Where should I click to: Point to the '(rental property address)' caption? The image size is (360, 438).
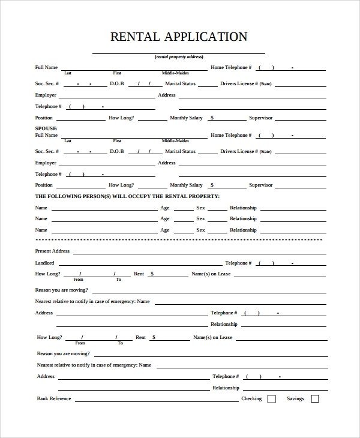(x=179, y=56)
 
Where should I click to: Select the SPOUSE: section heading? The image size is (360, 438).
(x=46, y=128)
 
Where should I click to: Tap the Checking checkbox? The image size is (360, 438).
(x=271, y=399)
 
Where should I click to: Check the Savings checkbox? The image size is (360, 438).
(x=314, y=399)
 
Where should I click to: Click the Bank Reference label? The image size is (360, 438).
(x=54, y=399)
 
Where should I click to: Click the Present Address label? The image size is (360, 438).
(x=52, y=251)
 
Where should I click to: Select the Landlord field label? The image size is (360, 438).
(x=44, y=263)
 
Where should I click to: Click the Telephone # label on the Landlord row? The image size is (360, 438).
(x=236, y=263)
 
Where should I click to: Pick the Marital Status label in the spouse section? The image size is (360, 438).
(x=181, y=152)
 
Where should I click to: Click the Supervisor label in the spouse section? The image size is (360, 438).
(x=261, y=185)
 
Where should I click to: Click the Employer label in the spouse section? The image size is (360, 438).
(x=46, y=163)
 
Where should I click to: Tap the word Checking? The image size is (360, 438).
(x=251, y=399)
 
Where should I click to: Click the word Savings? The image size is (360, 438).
(x=295, y=399)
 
